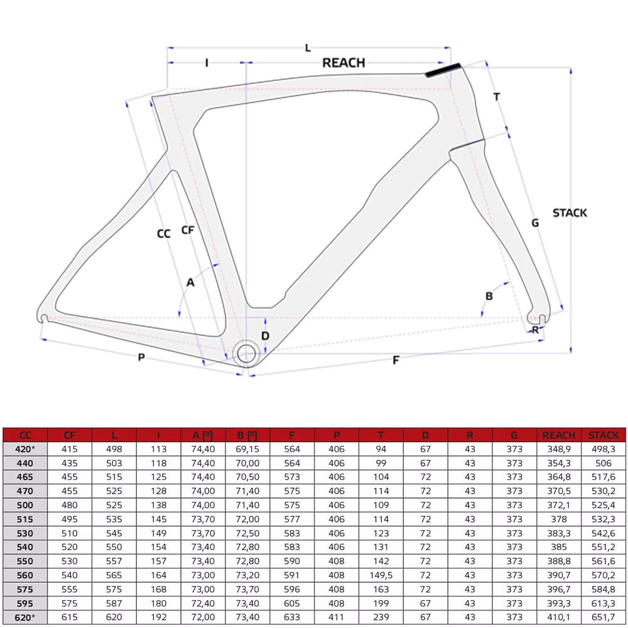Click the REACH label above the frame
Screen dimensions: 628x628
pyautogui.click(x=344, y=63)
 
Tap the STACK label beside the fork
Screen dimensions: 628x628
pyautogui.click(x=570, y=213)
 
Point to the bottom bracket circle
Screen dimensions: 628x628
pyautogui.click(x=246, y=354)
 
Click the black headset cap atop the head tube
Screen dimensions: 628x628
pyautogui.click(x=443, y=70)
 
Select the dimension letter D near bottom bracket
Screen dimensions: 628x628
pyautogui.click(x=265, y=335)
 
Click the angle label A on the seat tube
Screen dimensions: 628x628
pyautogui.click(x=191, y=283)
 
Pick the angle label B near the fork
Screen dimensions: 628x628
pyautogui.click(x=489, y=296)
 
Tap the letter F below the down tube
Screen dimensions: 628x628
pyautogui.click(x=396, y=360)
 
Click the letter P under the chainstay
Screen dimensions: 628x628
pyautogui.click(x=141, y=357)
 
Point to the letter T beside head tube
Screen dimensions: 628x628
pyautogui.click(x=497, y=97)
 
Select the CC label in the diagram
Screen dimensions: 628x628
pyautogui.click(x=164, y=234)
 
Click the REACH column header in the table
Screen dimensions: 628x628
pyautogui.click(x=559, y=435)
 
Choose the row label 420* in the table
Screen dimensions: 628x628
pyautogui.click(x=25, y=449)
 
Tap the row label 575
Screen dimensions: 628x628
pyautogui.click(x=25, y=589)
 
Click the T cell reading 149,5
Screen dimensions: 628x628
pyautogui.click(x=381, y=575)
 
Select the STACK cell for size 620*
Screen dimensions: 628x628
pyautogui.click(x=603, y=617)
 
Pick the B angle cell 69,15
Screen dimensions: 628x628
pyautogui.click(x=247, y=449)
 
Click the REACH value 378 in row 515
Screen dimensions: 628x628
pyautogui.click(x=559, y=519)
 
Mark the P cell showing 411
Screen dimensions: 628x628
pyautogui.click(x=337, y=617)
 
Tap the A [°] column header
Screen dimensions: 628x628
pyautogui.click(x=203, y=435)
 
